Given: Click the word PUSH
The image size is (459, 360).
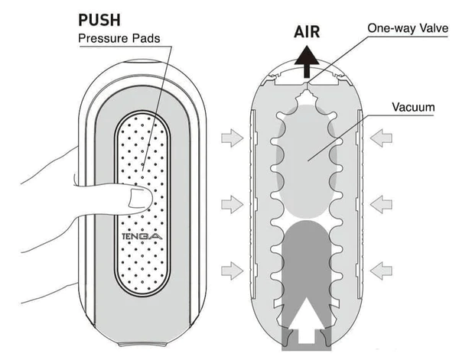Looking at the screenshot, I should pos(100,18).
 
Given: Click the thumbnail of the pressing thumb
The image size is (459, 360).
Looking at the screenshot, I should pos(139,201).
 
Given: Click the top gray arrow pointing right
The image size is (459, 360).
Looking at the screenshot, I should pos(230,138).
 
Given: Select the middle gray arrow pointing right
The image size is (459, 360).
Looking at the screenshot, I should pos(230,204).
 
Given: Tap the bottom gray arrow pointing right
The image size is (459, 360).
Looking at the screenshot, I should pos(230,269).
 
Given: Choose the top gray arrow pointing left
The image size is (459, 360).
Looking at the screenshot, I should pos(383,138).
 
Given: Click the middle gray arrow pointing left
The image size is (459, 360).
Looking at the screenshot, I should pos(383,204).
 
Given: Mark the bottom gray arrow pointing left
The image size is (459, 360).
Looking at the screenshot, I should pos(383,269).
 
